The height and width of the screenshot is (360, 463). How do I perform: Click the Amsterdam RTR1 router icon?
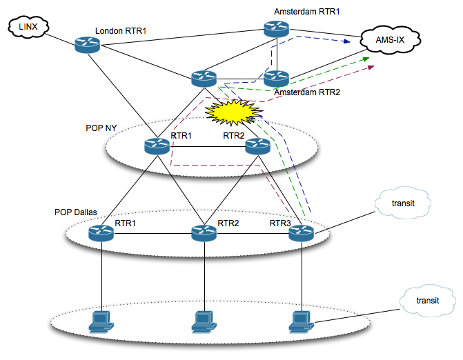click(x=275, y=28)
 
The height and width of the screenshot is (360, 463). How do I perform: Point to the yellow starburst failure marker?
click(x=233, y=110)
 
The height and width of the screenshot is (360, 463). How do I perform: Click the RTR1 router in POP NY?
click(x=157, y=146)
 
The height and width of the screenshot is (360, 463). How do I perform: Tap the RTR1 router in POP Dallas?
click(x=101, y=233)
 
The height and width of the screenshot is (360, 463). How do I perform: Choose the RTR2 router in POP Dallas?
click(x=204, y=233)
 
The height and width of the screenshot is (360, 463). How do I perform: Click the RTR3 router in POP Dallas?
click(x=302, y=233)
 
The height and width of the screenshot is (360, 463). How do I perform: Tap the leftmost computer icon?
click(x=101, y=321)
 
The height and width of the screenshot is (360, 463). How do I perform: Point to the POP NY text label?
click(x=100, y=129)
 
